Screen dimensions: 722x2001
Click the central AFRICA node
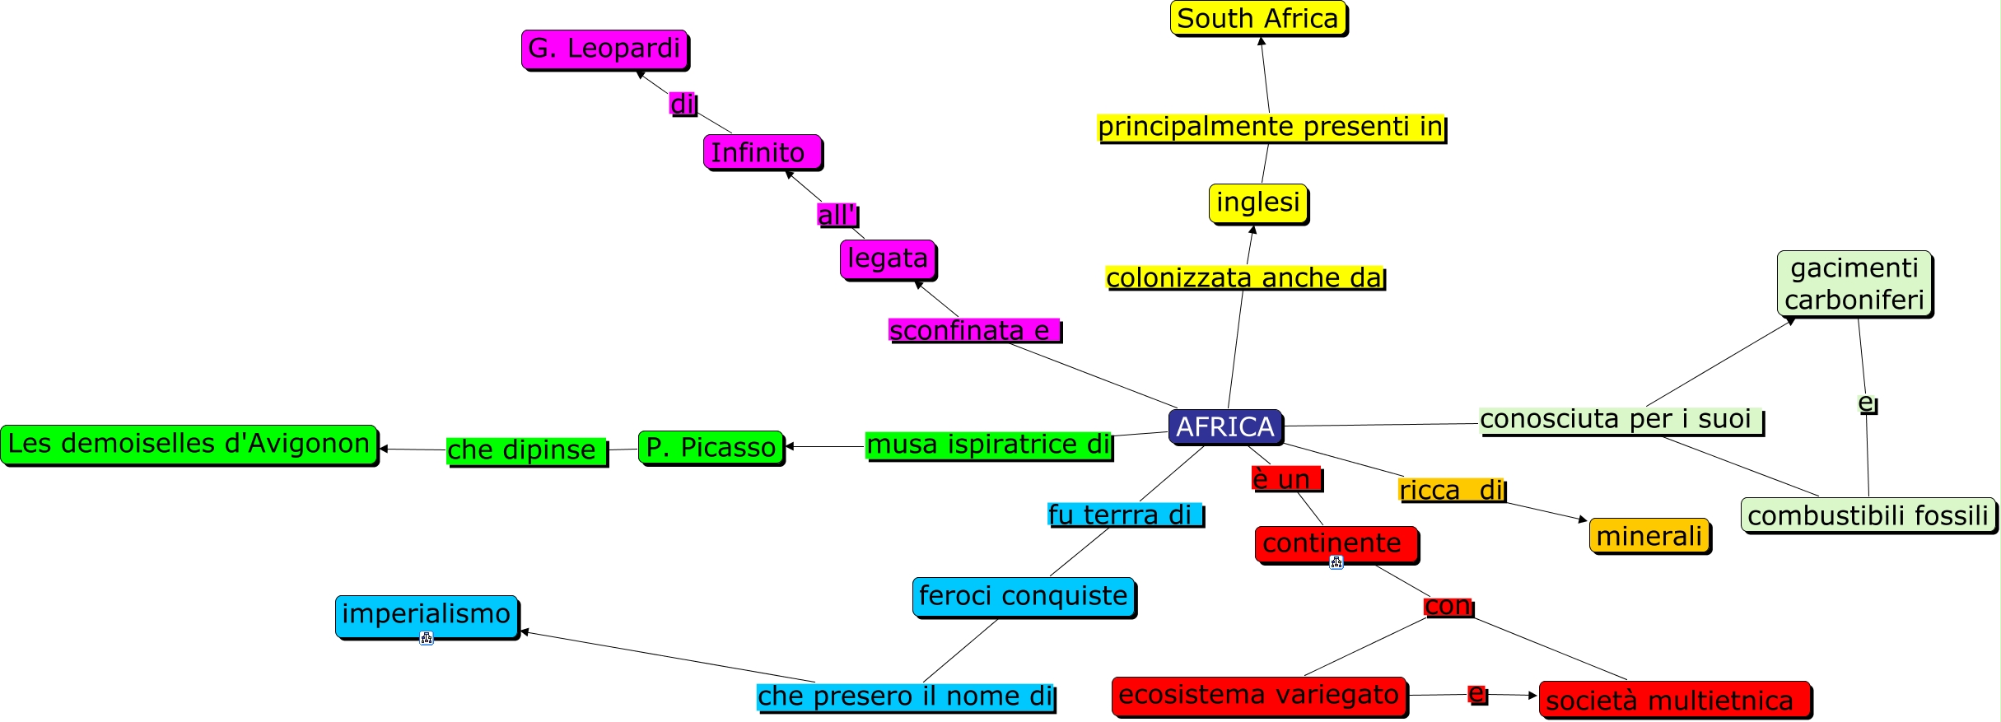[x=1224, y=426]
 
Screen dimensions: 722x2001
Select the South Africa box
[x=1257, y=18]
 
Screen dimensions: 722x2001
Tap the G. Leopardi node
[x=604, y=49]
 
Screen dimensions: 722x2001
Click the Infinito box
[x=762, y=152]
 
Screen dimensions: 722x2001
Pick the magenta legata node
[x=888, y=259]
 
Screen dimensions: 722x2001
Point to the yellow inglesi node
[x=1257, y=203]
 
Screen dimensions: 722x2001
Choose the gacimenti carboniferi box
[x=1854, y=284]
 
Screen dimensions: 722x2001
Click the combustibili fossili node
[x=1868, y=515]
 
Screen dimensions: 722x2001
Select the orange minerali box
[x=1649, y=536]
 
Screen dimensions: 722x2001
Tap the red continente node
[x=1336, y=543]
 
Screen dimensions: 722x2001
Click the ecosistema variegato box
[x=1258, y=695]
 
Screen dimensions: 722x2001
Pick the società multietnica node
[x=1674, y=700]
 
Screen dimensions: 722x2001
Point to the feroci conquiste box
[x=1023, y=596]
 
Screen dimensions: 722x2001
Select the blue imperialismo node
[x=426, y=614]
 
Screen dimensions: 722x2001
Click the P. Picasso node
[x=711, y=447]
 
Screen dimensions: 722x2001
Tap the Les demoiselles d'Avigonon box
[x=189, y=444]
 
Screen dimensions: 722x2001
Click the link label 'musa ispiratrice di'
[x=988, y=445]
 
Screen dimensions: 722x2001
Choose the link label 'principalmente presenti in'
[x=1271, y=127]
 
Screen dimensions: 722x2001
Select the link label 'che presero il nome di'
[x=905, y=696]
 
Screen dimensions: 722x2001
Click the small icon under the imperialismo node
[x=426, y=637]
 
